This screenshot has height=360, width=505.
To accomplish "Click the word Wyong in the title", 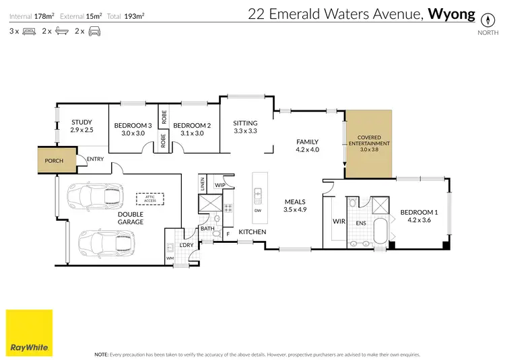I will point(452,13).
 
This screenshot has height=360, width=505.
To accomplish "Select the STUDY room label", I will point(81,122).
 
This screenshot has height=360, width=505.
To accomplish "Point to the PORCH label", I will point(53,161).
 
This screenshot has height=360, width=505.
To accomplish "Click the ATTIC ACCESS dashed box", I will point(149,199).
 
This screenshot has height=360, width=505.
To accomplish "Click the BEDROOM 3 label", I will point(129,125).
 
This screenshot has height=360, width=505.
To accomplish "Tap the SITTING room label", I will point(245,123).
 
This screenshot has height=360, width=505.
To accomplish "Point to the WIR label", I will point(339,221).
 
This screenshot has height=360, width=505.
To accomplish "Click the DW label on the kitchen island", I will point(258,210).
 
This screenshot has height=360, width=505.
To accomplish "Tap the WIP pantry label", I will point(220,184).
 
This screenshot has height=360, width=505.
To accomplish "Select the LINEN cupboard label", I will point(202,183).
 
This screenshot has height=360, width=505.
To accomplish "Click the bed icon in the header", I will point(29,31).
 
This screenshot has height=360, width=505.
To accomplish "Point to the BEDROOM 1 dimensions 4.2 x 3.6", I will point(419,220).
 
